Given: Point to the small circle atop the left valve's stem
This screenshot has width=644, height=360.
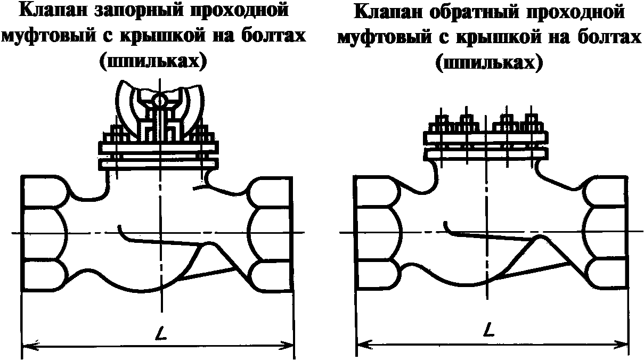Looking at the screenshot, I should [159, 100].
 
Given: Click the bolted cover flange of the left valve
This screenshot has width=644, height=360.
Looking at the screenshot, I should [158, 155].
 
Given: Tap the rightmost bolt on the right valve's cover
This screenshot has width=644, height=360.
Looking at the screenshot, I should [530, 123].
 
